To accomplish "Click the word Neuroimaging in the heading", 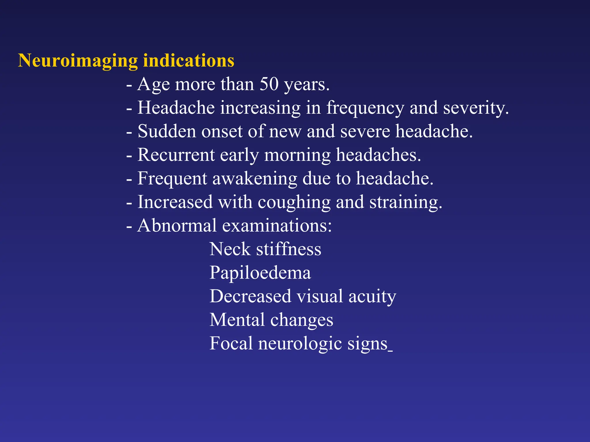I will tap(78, 61).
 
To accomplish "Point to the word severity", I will tap(476, 108).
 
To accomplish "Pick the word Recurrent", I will tap(176, 155).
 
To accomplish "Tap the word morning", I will tap(297, 155).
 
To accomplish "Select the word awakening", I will tap(255, 179).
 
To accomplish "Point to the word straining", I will tap(406, 203).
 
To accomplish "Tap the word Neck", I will tap(230, 249).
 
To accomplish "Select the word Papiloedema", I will tap(260, 273).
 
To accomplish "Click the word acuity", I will tap(372, 297).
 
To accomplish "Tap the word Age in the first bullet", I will tap(153, 85).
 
